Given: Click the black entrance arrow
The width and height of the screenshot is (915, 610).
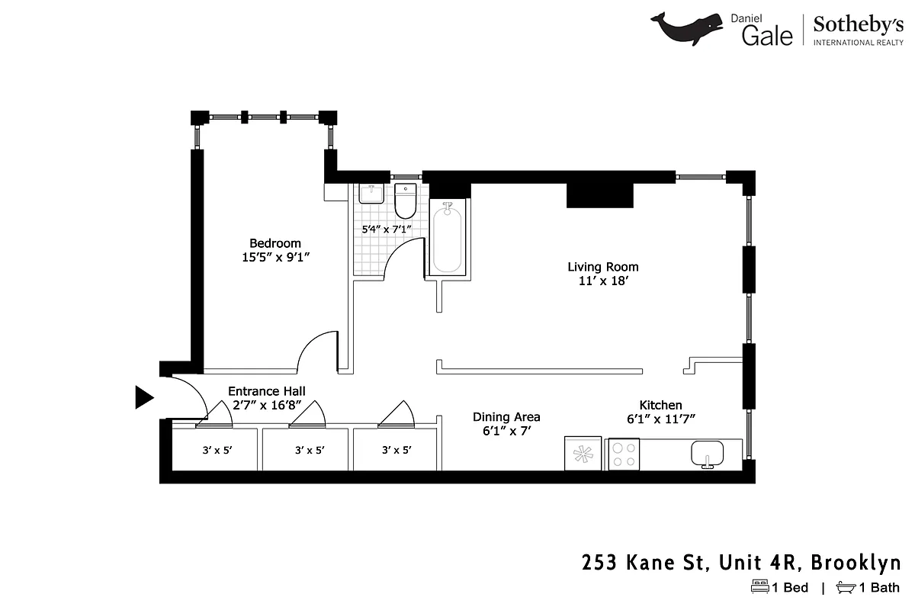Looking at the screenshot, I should [x=144, y=397].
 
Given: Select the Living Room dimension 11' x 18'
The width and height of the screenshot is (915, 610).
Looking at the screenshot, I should [x=603, y=281].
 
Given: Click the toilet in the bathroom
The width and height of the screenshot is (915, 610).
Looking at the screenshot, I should [x=404, y=201].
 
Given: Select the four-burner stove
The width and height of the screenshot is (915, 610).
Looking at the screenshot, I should [x=623, y=454].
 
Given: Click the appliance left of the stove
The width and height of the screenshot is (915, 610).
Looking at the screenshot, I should [x=583, y=454].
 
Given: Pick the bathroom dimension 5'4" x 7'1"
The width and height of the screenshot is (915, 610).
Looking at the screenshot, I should [x=386, y=228].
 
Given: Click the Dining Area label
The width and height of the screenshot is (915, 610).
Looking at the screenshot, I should [x=506, y=417].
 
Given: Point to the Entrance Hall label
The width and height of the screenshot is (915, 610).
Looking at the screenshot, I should [x=267, y=390].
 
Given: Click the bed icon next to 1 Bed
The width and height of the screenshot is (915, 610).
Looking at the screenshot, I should [x=760, y=587].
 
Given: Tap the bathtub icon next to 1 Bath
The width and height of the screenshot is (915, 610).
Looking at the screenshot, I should [x=846, y=587].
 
